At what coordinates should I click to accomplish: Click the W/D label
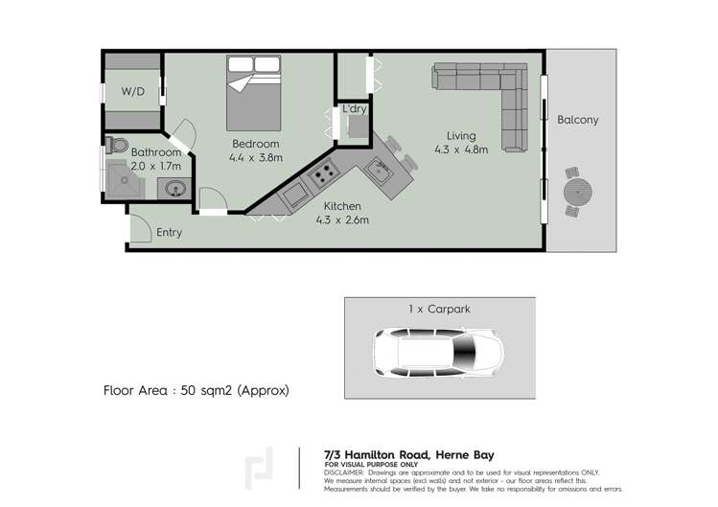133,92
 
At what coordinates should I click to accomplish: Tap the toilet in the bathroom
117,145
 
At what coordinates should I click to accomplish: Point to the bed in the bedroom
254,92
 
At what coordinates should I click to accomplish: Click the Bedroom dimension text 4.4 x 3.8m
254,159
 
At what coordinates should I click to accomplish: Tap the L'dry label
354,109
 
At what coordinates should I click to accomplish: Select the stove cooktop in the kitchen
322,175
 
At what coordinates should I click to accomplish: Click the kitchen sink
376,173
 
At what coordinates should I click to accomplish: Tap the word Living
461,134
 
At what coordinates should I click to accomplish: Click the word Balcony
578,120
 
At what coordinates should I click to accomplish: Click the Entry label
169,232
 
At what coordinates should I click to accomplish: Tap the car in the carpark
437,355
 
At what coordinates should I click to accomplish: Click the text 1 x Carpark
437,310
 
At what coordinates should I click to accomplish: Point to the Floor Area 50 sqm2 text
196,391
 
